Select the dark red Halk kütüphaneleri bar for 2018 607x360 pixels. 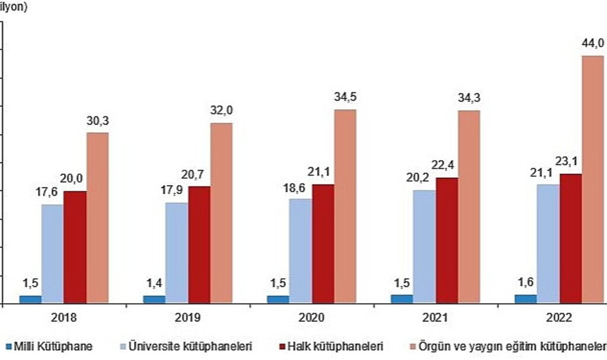(75, 247)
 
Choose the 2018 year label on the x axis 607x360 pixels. (64, 318)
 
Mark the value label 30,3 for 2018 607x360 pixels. (98, 120)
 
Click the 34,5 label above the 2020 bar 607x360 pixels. (346, 97)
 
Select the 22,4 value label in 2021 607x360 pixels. (447, 165)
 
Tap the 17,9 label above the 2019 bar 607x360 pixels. (176, 191)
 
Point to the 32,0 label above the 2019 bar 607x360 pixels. (222, 111)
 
